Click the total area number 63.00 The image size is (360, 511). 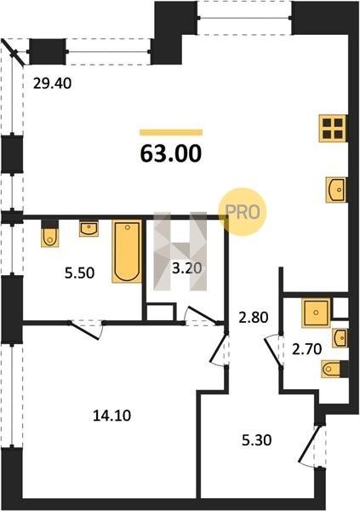tap(171, 153)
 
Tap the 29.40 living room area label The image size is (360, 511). tap(53, 83)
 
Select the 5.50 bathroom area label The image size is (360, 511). tap(79, 273)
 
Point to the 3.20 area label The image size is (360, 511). tap(187, 268)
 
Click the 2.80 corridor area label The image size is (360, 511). tap(254, 318)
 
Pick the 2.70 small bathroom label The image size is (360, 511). tap(307, 349)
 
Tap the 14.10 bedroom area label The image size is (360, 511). tap(111, 416)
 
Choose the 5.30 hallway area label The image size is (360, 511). tap(256, 440)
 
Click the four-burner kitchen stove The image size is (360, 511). tap(333, 129)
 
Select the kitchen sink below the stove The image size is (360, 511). tap(336, 189)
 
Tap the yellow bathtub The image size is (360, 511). tap(127, 251)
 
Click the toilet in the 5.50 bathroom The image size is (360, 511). tap(50, 233)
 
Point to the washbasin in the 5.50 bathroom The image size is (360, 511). tap(89, 228)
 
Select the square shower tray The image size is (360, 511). tap(316, 313)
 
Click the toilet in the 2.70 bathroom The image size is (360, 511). tap(334, 369)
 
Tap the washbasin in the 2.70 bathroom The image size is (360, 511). tap(340, 338)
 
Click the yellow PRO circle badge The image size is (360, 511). tap(243, 212)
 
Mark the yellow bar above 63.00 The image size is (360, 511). tap(171, 132)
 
